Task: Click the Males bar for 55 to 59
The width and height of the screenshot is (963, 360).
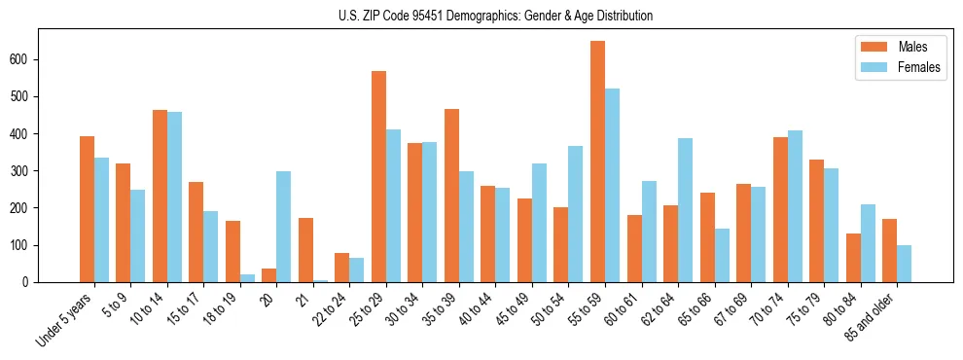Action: (x=597, y=162)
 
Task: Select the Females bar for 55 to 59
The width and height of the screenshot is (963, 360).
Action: (x=612, y=185)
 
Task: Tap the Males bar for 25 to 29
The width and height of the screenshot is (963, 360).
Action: (x=378, y=176)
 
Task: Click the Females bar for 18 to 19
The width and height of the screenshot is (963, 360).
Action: (x=247, y=278)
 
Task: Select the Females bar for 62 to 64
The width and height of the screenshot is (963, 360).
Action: (x=685, y=210)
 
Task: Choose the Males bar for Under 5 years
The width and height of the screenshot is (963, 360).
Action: (x=87, y=209)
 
